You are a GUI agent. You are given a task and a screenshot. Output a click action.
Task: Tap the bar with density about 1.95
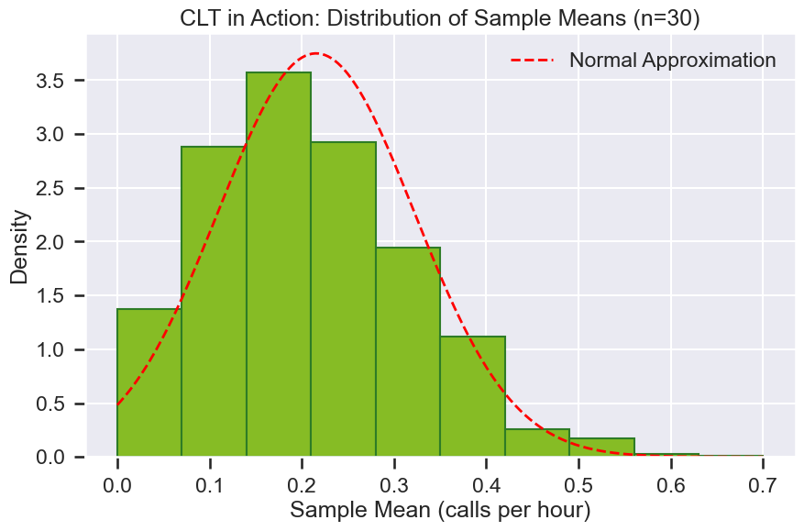coord(407,352)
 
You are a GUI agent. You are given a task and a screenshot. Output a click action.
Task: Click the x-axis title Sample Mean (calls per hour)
coord(439,509)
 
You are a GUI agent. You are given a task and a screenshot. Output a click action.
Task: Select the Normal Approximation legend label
coord(672,61)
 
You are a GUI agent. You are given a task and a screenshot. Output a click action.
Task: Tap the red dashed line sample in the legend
coord(533,61)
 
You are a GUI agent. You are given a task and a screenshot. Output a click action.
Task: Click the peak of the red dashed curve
coord(316,53)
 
